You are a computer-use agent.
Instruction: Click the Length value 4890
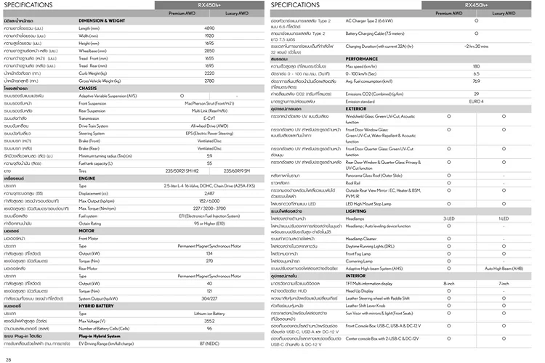[x=209, y=28]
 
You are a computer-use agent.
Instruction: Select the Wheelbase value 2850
[x=209, y=51]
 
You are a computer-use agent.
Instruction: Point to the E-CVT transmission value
[x=209, y=118]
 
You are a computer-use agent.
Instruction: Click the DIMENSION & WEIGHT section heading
[x=104, y=20]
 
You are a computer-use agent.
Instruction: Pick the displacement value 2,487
[x=209, y=193]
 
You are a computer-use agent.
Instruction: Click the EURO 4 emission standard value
[x=476, y=100]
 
